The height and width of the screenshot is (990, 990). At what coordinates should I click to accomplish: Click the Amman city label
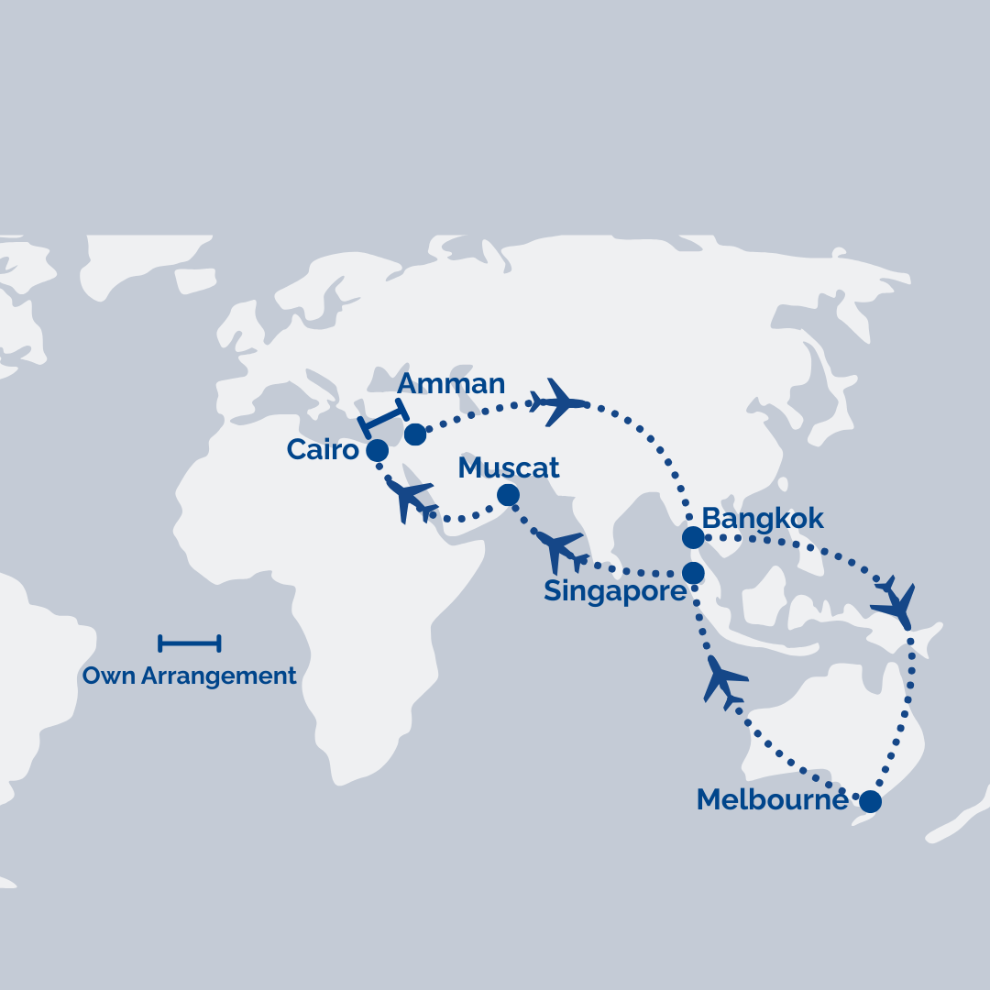(x=450, y=383)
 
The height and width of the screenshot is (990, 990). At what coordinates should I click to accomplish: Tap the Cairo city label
(x=322, y=449)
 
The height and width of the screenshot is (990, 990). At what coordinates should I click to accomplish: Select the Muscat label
(x=509, y=467)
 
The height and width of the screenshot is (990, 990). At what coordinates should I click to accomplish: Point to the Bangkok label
(x=763, y=519)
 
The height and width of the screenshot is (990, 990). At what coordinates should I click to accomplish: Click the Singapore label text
(x=614, y=591)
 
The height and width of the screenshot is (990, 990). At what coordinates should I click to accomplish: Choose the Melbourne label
(x=772, y=799)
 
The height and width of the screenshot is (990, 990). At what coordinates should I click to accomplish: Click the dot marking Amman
(x=415, y=434)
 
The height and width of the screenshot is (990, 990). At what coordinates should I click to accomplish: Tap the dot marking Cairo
(x=377, y=450)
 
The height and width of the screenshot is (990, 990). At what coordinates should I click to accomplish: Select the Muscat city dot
(x=508, y=496)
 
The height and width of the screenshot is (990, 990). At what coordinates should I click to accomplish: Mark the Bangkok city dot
(x=693, y=538)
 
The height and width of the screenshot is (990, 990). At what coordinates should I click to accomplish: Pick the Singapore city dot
(x=693, y=574)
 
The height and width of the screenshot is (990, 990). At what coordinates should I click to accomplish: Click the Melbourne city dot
(x=870, y=802)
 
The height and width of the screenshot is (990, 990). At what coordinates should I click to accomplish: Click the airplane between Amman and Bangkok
(x=560, y=401)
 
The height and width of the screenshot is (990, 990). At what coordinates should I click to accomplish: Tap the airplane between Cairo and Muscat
(x=412, y=500)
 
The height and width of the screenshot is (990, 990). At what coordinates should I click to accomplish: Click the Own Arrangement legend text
(x=190, y=676)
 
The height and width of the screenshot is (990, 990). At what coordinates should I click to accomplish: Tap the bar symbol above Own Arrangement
(x=190, y=643)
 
